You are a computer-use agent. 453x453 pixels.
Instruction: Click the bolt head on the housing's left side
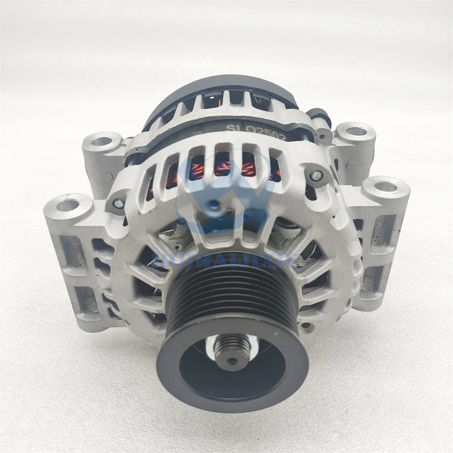(118, 204)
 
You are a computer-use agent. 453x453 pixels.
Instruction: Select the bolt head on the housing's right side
(316, 175)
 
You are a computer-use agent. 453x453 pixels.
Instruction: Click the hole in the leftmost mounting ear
(67, 205)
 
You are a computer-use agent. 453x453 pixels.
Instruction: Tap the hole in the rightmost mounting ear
(386, 186)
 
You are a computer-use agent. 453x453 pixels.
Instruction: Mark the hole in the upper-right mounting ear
(357, 131)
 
